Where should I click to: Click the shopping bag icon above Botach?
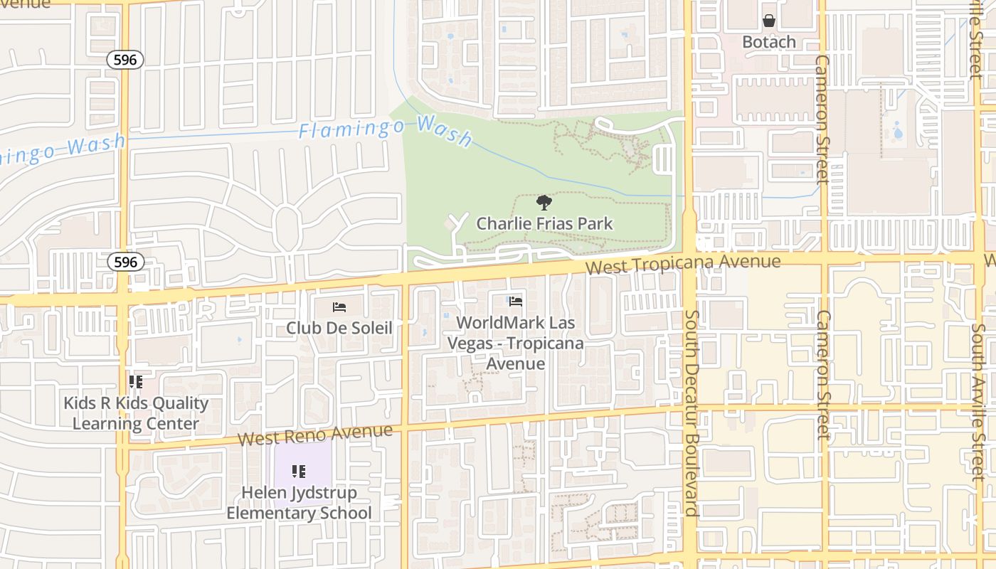[x=769, y=21]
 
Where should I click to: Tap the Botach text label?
[x=769, y=42]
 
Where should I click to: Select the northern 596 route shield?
[x=125, y=60]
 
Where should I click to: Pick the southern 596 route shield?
[x=125, y=262]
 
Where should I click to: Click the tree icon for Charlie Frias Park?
[x=544, y=203]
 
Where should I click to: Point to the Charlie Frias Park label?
[x=544, y=223]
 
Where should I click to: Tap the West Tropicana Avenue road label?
[x=683, y=264]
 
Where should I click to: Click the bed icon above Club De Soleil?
[x=339, y=307]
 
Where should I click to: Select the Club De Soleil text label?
[x=339, y=328]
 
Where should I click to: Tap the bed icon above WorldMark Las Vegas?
[x=516, y=302]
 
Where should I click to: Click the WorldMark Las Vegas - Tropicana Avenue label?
[x=516, y=343]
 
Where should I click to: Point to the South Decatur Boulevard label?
[x=692, y=413]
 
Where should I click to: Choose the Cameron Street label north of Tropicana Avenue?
[x=822, y=119]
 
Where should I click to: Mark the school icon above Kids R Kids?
[x=136, y=382]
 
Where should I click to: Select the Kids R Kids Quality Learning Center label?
[x=136, y=413]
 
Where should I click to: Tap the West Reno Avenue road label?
[x=315, y=434]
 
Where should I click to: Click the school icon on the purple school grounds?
[x=299, y=471]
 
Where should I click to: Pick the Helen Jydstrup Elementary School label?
[x=299, y=503]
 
